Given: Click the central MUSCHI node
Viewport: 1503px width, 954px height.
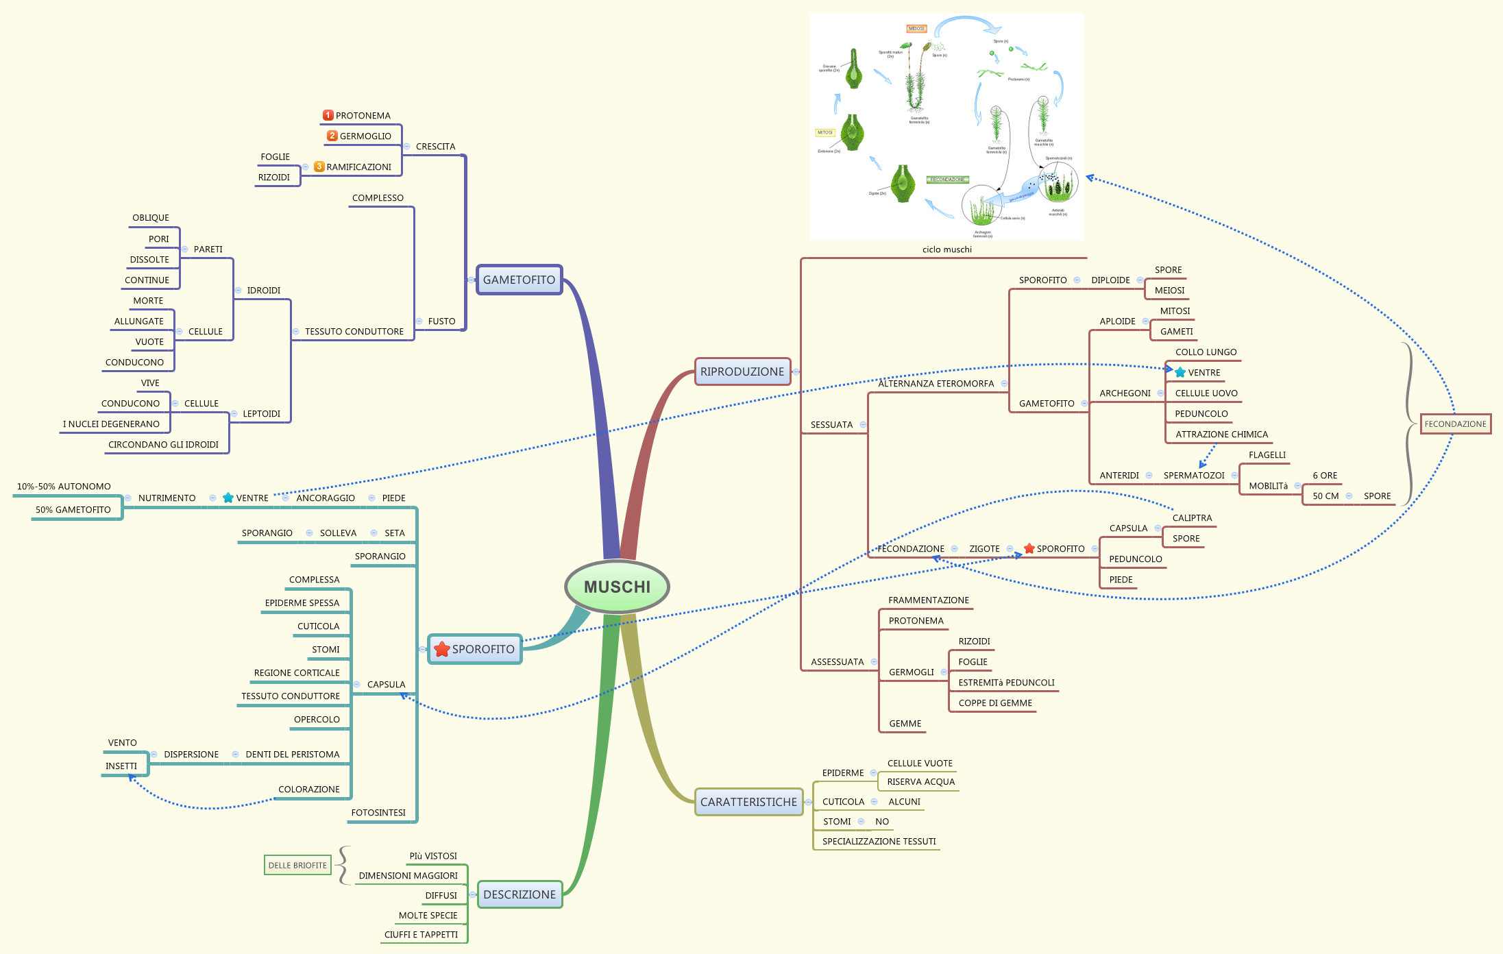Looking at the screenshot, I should click(617, 587).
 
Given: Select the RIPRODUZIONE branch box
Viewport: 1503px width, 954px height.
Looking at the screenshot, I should click(742, 371).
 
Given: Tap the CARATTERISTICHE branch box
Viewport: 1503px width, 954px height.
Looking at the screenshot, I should click(748, 802).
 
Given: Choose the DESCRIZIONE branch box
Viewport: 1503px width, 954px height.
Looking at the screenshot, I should click(520, 894).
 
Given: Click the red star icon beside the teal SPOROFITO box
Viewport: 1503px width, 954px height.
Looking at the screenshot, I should click(442, 649).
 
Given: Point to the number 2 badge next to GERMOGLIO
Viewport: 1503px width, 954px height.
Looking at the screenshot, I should click(332, 136).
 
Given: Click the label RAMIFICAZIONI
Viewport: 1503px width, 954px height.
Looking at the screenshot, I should click(358, 167).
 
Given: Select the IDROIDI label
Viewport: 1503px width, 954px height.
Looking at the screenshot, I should click(263, 291).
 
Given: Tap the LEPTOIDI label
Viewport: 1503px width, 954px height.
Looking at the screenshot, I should click(261, 414).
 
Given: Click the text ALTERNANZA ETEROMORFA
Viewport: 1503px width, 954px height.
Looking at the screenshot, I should click(936, 384).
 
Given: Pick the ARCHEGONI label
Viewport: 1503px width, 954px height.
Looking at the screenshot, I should click(1125, 393).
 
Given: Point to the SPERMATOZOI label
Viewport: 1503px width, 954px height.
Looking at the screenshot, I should click(1194, 476).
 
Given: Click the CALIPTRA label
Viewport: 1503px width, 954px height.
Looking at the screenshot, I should click(1192, 518).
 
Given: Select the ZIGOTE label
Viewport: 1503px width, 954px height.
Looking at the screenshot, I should click(984, 549).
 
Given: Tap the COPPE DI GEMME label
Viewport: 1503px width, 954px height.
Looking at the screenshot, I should click(995, 703).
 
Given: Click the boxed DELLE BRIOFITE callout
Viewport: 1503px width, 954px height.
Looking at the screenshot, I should click(297, 866).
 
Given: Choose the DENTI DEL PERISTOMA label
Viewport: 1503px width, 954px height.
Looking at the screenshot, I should click(293, 755).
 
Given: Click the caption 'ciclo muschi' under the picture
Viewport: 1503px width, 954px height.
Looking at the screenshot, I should click(946, 249).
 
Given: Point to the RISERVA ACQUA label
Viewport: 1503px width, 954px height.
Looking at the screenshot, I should click(920, 782).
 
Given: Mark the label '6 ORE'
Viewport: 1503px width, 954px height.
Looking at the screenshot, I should click(1325, 476).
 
